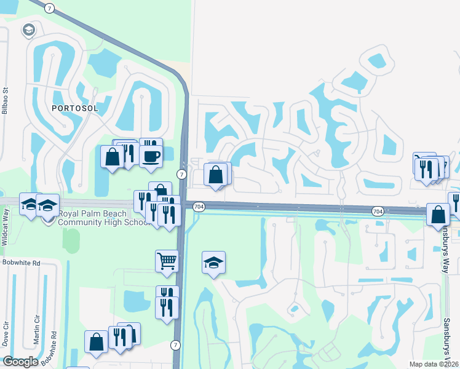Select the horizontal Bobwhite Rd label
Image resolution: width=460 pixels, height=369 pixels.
20,263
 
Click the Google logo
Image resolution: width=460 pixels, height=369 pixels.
20,362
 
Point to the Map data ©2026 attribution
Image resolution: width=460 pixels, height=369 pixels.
433,363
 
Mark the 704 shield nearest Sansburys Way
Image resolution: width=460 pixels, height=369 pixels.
378,211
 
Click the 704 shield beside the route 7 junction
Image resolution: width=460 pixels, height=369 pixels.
198,206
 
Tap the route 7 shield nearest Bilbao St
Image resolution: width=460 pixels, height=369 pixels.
50,8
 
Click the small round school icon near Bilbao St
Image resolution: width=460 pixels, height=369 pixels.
28,30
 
